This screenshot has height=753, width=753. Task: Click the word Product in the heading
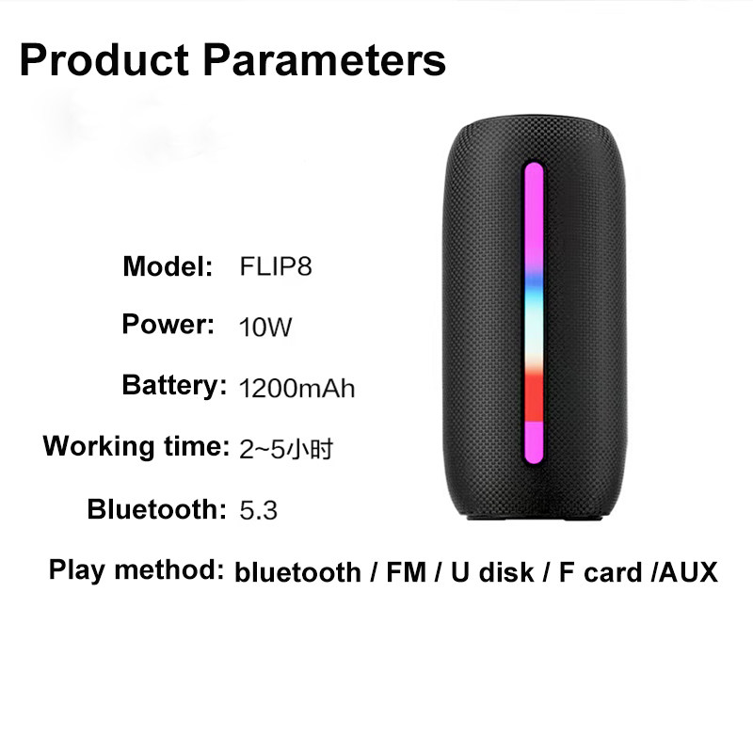103,60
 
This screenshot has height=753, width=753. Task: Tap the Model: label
168,266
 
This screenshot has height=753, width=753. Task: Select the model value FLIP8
275,267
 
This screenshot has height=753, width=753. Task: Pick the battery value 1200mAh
297,388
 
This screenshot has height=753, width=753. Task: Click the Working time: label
136,445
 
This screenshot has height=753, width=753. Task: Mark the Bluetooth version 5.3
258,511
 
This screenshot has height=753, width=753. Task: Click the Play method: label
136,569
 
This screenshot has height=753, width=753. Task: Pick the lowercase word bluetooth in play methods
297,572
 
